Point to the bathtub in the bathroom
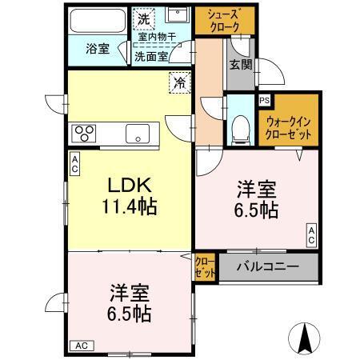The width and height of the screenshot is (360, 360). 94,22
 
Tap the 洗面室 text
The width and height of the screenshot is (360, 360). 150,56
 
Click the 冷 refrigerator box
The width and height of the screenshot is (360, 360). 180,82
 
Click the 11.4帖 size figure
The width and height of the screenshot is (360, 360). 128,206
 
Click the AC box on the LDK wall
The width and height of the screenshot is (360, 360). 74,164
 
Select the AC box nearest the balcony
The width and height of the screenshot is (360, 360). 311,235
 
